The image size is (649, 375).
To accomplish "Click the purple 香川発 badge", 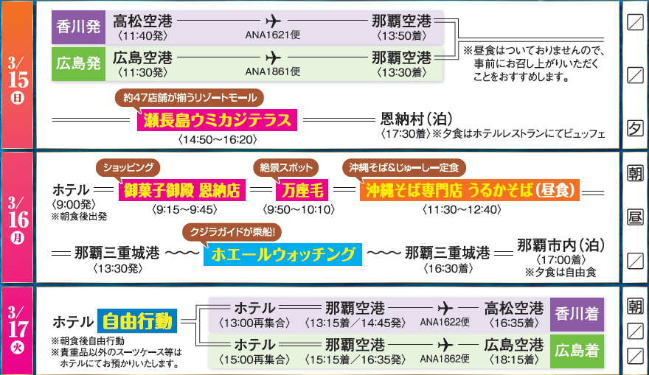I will click(x=77, y=29).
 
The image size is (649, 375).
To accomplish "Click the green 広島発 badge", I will click(x=77, y=63).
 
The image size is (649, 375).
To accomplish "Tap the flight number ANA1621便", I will click(x=273, y=34).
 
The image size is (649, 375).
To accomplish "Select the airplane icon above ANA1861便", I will click(x=273, y=57).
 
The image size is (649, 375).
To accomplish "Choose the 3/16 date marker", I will click(x=17, y=218).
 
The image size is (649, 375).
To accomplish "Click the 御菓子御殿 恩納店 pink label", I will click(x=181, y=191).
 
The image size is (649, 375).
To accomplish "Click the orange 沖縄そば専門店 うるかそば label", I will click(x=469, y=191).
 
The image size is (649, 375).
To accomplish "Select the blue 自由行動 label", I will click(x=137, y=321).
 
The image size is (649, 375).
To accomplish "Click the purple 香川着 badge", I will click(x=577, y=314).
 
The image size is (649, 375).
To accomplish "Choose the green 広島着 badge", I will click(x=577, y=351).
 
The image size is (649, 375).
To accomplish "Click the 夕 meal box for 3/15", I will click(x=634, y=128).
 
